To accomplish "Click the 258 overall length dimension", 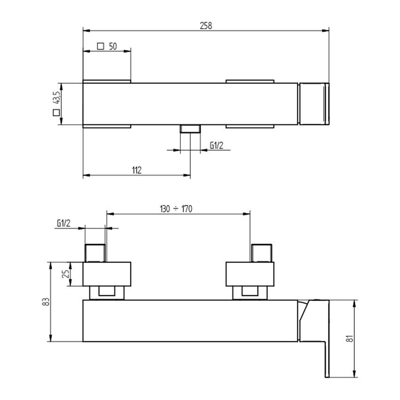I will click(x=206, y=25).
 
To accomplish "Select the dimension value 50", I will click(x=113, y=46).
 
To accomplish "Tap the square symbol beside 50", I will click(x=100, y=46).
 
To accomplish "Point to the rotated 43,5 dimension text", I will click(x=56, y=97).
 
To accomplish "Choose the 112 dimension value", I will click(x=137, y=170).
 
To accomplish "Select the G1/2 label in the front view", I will click(x=63, y=223).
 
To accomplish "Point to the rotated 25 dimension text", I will click(x=66, y=274).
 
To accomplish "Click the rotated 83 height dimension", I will click(x=45, y=302).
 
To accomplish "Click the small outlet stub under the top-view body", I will click(x=190, y=129).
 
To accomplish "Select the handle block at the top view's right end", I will click(x=314, y=104).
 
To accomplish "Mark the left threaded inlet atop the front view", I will click(x=96, y=253).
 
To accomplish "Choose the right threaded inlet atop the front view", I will click(x=262, y=253).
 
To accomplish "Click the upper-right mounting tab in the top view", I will click(x=249, y=81).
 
